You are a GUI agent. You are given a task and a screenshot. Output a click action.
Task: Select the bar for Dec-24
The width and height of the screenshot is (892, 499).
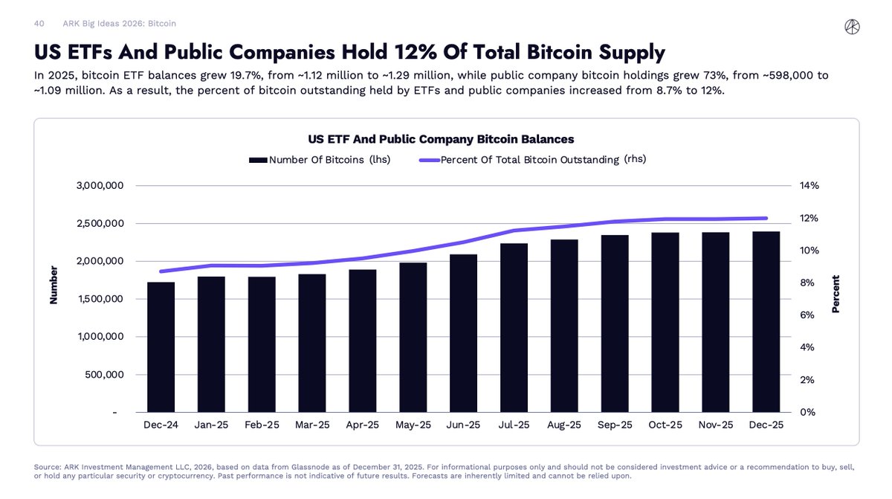(x=161, y=347)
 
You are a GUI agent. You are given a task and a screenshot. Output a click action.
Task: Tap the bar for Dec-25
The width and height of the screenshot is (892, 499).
(x=766, y=321)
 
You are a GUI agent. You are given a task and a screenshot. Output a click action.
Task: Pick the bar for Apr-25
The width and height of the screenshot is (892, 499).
(x=362, y=341)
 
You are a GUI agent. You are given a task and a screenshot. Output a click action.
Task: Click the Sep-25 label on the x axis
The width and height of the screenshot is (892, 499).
(x=615, y=425)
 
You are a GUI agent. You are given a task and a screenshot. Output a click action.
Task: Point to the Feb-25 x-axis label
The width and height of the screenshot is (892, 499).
(x=262, y=425)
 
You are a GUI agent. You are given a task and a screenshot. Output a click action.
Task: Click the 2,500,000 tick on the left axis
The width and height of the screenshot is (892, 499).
(x=100, y=224)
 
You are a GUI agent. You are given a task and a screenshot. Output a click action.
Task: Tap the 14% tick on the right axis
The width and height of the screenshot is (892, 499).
(x=809, y=186)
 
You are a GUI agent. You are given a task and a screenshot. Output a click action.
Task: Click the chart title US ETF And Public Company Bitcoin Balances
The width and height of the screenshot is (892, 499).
(x=441, y=139)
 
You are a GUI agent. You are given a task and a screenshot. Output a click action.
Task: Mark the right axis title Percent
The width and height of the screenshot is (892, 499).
(x=836, y=294)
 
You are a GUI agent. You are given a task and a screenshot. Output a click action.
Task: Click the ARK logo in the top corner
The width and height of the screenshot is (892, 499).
(x=852, y=27)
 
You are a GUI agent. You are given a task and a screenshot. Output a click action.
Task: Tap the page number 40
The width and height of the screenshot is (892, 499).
(x=39, y=24)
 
